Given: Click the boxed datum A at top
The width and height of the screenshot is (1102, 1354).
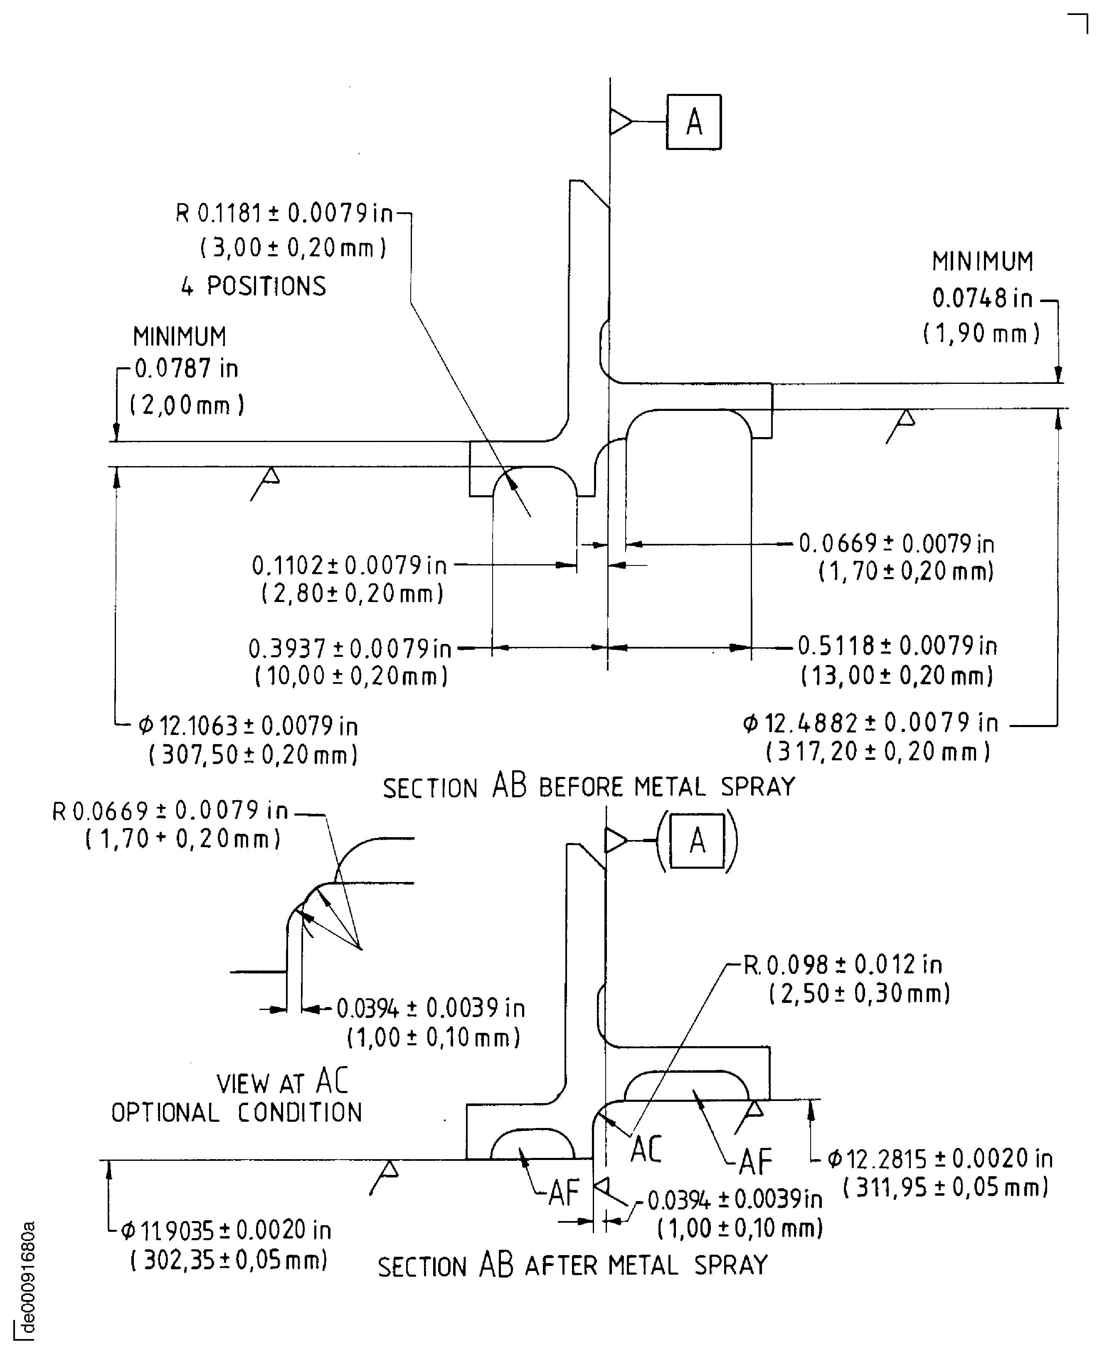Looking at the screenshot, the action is (693, 122).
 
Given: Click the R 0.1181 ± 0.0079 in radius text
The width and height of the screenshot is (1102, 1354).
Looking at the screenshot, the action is (284, 213).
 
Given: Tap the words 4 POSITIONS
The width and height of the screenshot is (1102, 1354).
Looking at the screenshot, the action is (253, 286).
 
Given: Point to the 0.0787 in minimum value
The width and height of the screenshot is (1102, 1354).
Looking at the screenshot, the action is (186, 368).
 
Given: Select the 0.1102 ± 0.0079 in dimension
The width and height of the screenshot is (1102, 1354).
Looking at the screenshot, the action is (349, 565).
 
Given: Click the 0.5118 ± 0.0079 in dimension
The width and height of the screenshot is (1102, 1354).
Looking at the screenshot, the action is (897, 646).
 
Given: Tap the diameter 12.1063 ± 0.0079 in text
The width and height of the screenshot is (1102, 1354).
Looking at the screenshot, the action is (248, 725).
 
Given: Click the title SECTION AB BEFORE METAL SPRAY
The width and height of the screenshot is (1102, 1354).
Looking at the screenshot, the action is (589, 787).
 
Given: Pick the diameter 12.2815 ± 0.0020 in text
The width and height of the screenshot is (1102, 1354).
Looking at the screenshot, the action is (940, 1159).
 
